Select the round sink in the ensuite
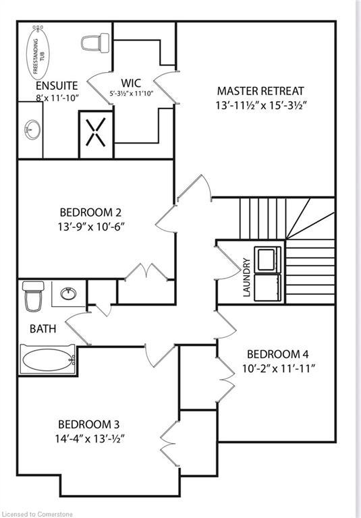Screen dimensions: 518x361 pos(30,128)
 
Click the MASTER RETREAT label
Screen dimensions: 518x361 pos(260,90)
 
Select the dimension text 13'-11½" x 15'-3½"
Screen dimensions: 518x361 pos(260,106)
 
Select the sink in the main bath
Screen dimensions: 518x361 pos(68,293)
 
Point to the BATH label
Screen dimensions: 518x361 pos(43,329)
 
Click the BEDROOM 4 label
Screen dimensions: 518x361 pos(277,353)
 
